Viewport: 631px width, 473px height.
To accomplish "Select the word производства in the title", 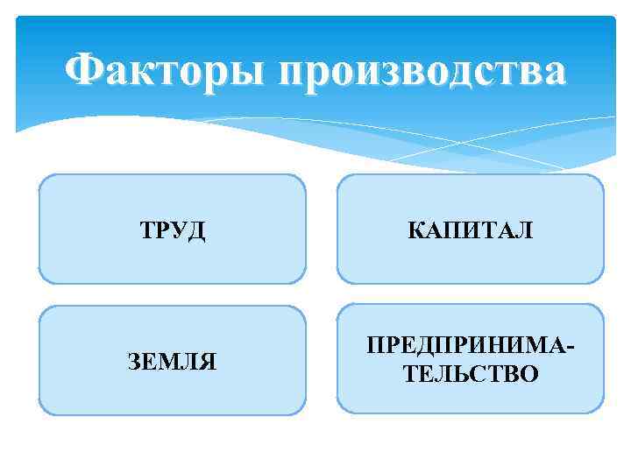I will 423,71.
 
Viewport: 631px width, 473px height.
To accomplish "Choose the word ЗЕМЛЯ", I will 172,361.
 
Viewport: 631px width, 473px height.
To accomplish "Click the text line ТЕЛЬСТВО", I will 471,374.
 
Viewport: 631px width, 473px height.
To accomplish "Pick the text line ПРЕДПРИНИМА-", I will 471,348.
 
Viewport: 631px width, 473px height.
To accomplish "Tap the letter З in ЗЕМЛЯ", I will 135,361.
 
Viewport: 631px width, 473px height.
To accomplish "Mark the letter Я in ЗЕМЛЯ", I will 209,361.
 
